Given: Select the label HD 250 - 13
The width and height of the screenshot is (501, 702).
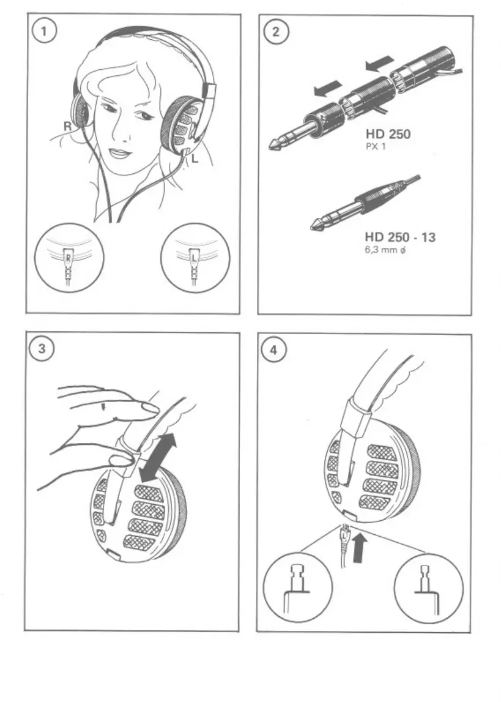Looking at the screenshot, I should (400, 237).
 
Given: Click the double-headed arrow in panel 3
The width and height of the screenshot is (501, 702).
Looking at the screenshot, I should (158, 455).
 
